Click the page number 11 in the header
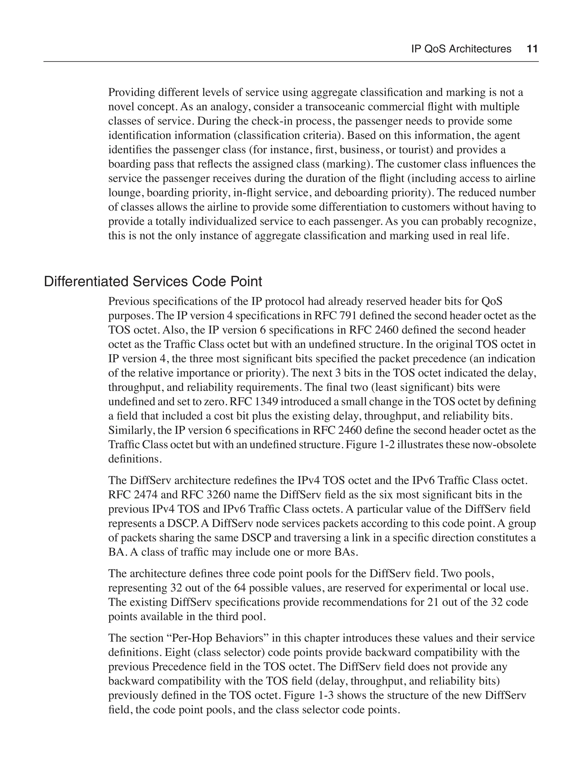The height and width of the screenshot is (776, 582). [x=532, y=49]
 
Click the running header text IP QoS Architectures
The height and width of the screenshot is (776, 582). [x=461, y=49]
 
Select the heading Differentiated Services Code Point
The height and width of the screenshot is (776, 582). [x=153, y=282]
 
